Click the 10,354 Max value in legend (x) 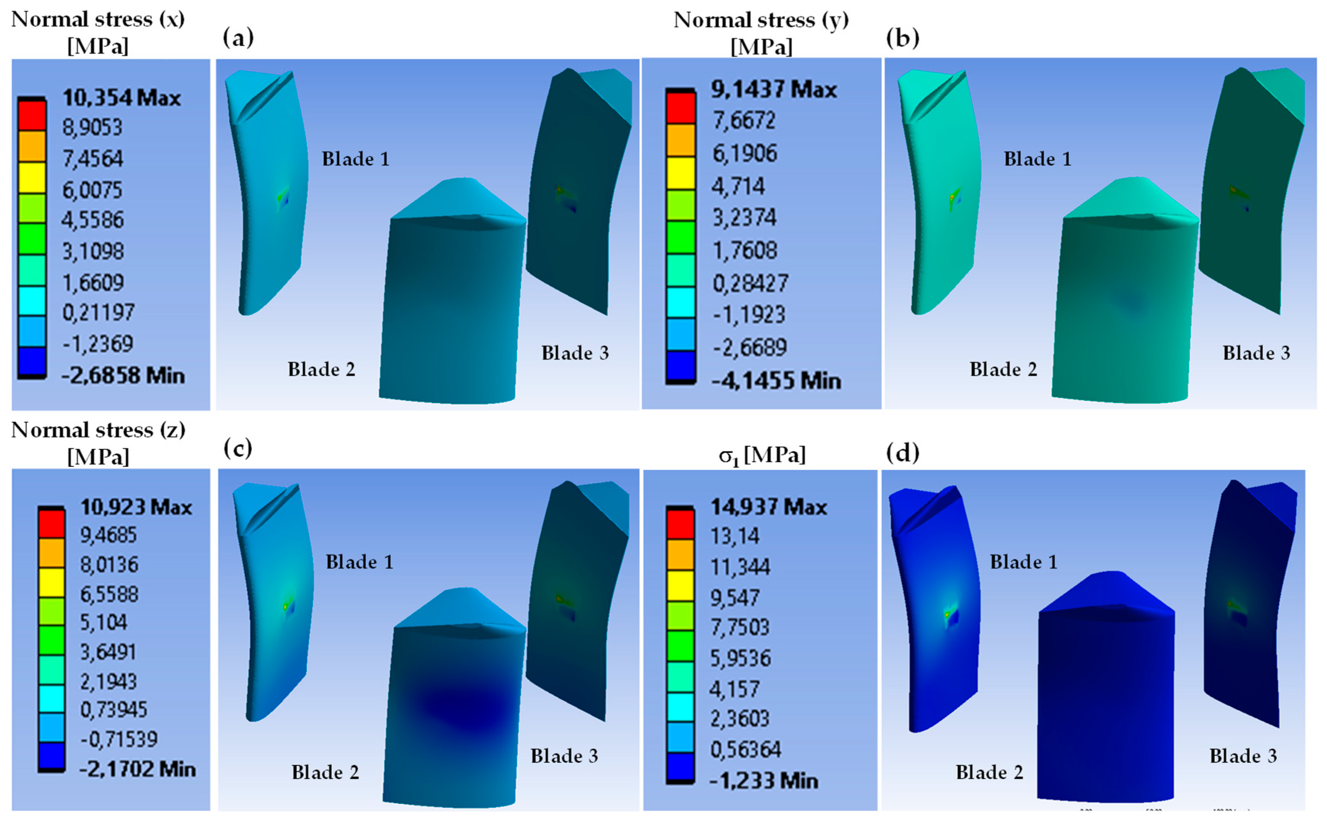point(121,98)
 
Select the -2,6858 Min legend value point(123,375)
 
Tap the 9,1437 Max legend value point(773,89)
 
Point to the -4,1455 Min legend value point(776,380)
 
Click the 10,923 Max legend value point(136,507)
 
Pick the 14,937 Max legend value point(768,507)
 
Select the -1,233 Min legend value point(764,781)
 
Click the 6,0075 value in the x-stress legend point(92,190)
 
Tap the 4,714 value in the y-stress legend point(738,187)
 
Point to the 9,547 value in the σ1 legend point(734,598)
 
